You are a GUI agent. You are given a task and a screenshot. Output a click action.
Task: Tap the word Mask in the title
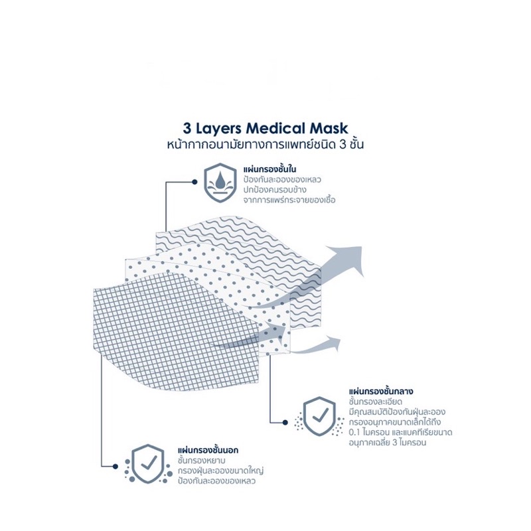click(329, 128)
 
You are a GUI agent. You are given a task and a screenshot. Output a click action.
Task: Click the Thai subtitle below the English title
click(265, 145)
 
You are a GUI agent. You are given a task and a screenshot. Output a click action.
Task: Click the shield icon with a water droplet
click(220, 183)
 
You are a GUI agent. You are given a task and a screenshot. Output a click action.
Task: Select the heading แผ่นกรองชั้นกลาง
click(381, 392)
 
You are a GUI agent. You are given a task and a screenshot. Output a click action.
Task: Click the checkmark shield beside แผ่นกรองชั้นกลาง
click(319, 416)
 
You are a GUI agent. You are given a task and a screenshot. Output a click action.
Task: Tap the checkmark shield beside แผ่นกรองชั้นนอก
click(147, 464)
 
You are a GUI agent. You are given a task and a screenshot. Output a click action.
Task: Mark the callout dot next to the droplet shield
click(194, 182)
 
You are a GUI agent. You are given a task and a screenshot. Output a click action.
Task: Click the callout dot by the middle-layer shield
click(285, 423)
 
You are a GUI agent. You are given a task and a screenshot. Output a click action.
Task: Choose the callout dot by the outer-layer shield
click(115, 467)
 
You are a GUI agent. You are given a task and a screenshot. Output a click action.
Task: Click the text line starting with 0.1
click(401, 433)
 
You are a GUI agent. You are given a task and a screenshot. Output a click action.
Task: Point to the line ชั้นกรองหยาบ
click(202, 461)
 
